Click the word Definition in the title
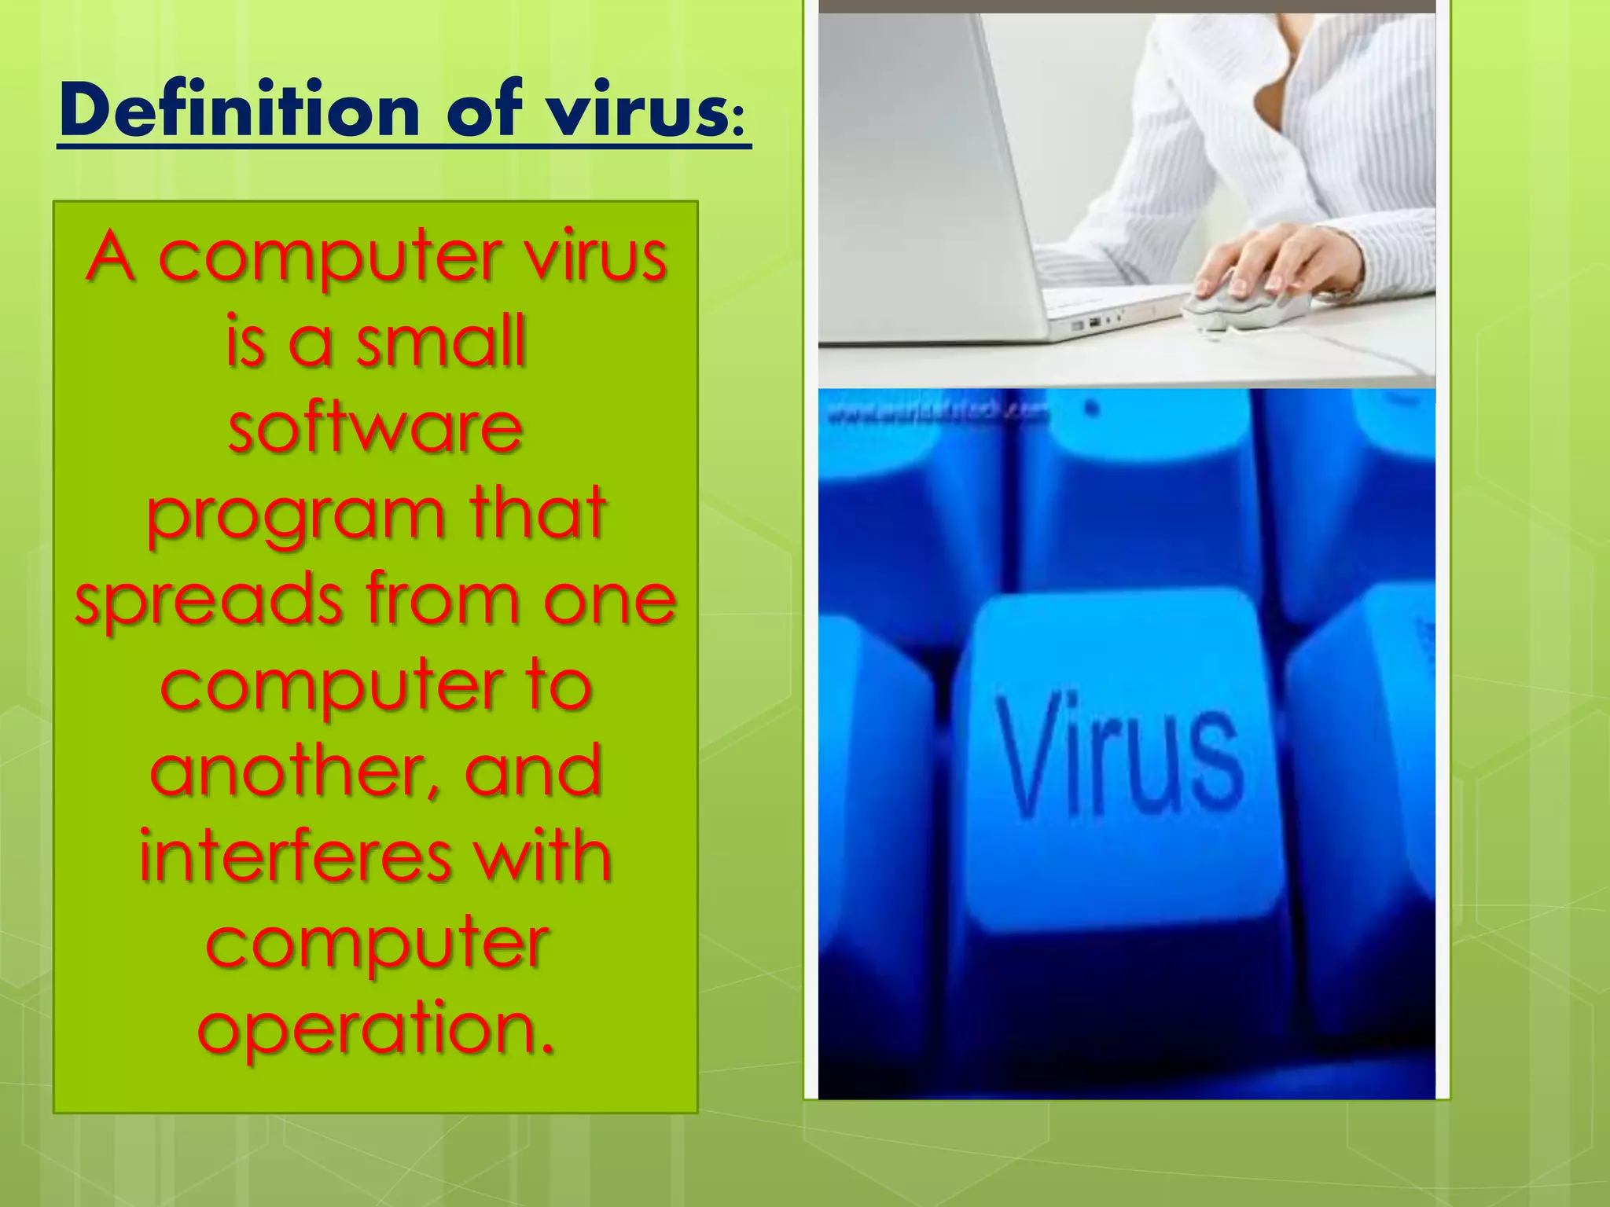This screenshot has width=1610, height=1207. (240, 111)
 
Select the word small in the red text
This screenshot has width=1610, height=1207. (441, 342)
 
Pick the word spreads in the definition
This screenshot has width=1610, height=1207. (209, 602)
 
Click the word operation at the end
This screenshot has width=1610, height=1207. (376, 1029)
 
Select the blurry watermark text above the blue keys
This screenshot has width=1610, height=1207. (935, 413)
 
